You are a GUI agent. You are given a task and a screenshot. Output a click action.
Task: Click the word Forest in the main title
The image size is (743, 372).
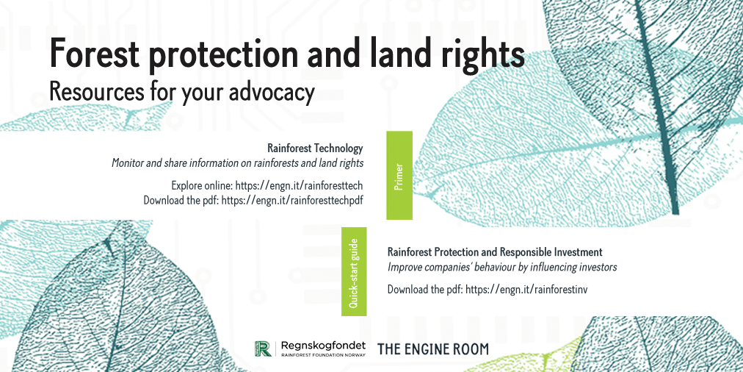pyautogui.click(x=95, y=54)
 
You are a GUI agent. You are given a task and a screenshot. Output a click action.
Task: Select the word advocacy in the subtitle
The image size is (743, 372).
pyautogui.click(x=272, y=92)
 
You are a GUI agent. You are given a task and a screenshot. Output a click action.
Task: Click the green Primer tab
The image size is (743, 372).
pyautogui.click(x=399, y=175)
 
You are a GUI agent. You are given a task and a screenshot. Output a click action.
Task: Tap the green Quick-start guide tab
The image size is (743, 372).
pyautogui.click(x=354, y=271)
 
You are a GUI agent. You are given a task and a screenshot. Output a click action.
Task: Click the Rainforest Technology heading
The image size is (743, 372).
pyautogui.click(x=315, y=149)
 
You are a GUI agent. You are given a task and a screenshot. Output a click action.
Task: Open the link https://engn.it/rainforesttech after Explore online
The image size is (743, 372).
pyautogui.click(x=299, y=185)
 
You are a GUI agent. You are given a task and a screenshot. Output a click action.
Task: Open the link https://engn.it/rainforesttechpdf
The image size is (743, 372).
pyautogui.click(x=292, y=200)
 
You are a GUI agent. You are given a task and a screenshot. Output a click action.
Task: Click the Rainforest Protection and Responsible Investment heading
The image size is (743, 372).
pyautogui.click(x=495, y=251)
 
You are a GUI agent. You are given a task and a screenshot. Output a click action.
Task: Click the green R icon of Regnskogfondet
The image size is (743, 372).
pyautogui.click(x=263, y=348)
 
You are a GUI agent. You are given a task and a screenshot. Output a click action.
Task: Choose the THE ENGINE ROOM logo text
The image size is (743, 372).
pyautogui.click(x=432, y=349)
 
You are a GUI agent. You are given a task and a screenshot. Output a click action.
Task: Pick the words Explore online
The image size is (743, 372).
pyautogui.click(x=202, y=185)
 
